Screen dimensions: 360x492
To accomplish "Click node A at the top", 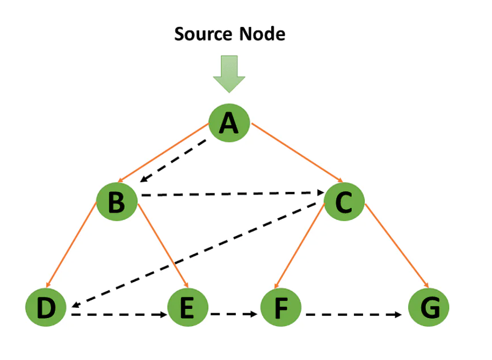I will click(229, 124).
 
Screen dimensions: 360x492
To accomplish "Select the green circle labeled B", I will click(117, 201).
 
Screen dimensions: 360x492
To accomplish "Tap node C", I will click(344, 201).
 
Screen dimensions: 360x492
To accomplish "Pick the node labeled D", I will click(46, 308).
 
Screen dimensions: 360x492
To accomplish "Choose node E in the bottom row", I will click(187, 308).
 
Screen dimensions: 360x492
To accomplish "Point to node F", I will click(281, 308).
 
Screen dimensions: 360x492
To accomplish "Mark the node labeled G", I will click(428, 308).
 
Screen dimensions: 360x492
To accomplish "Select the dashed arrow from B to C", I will click(231, 193).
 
